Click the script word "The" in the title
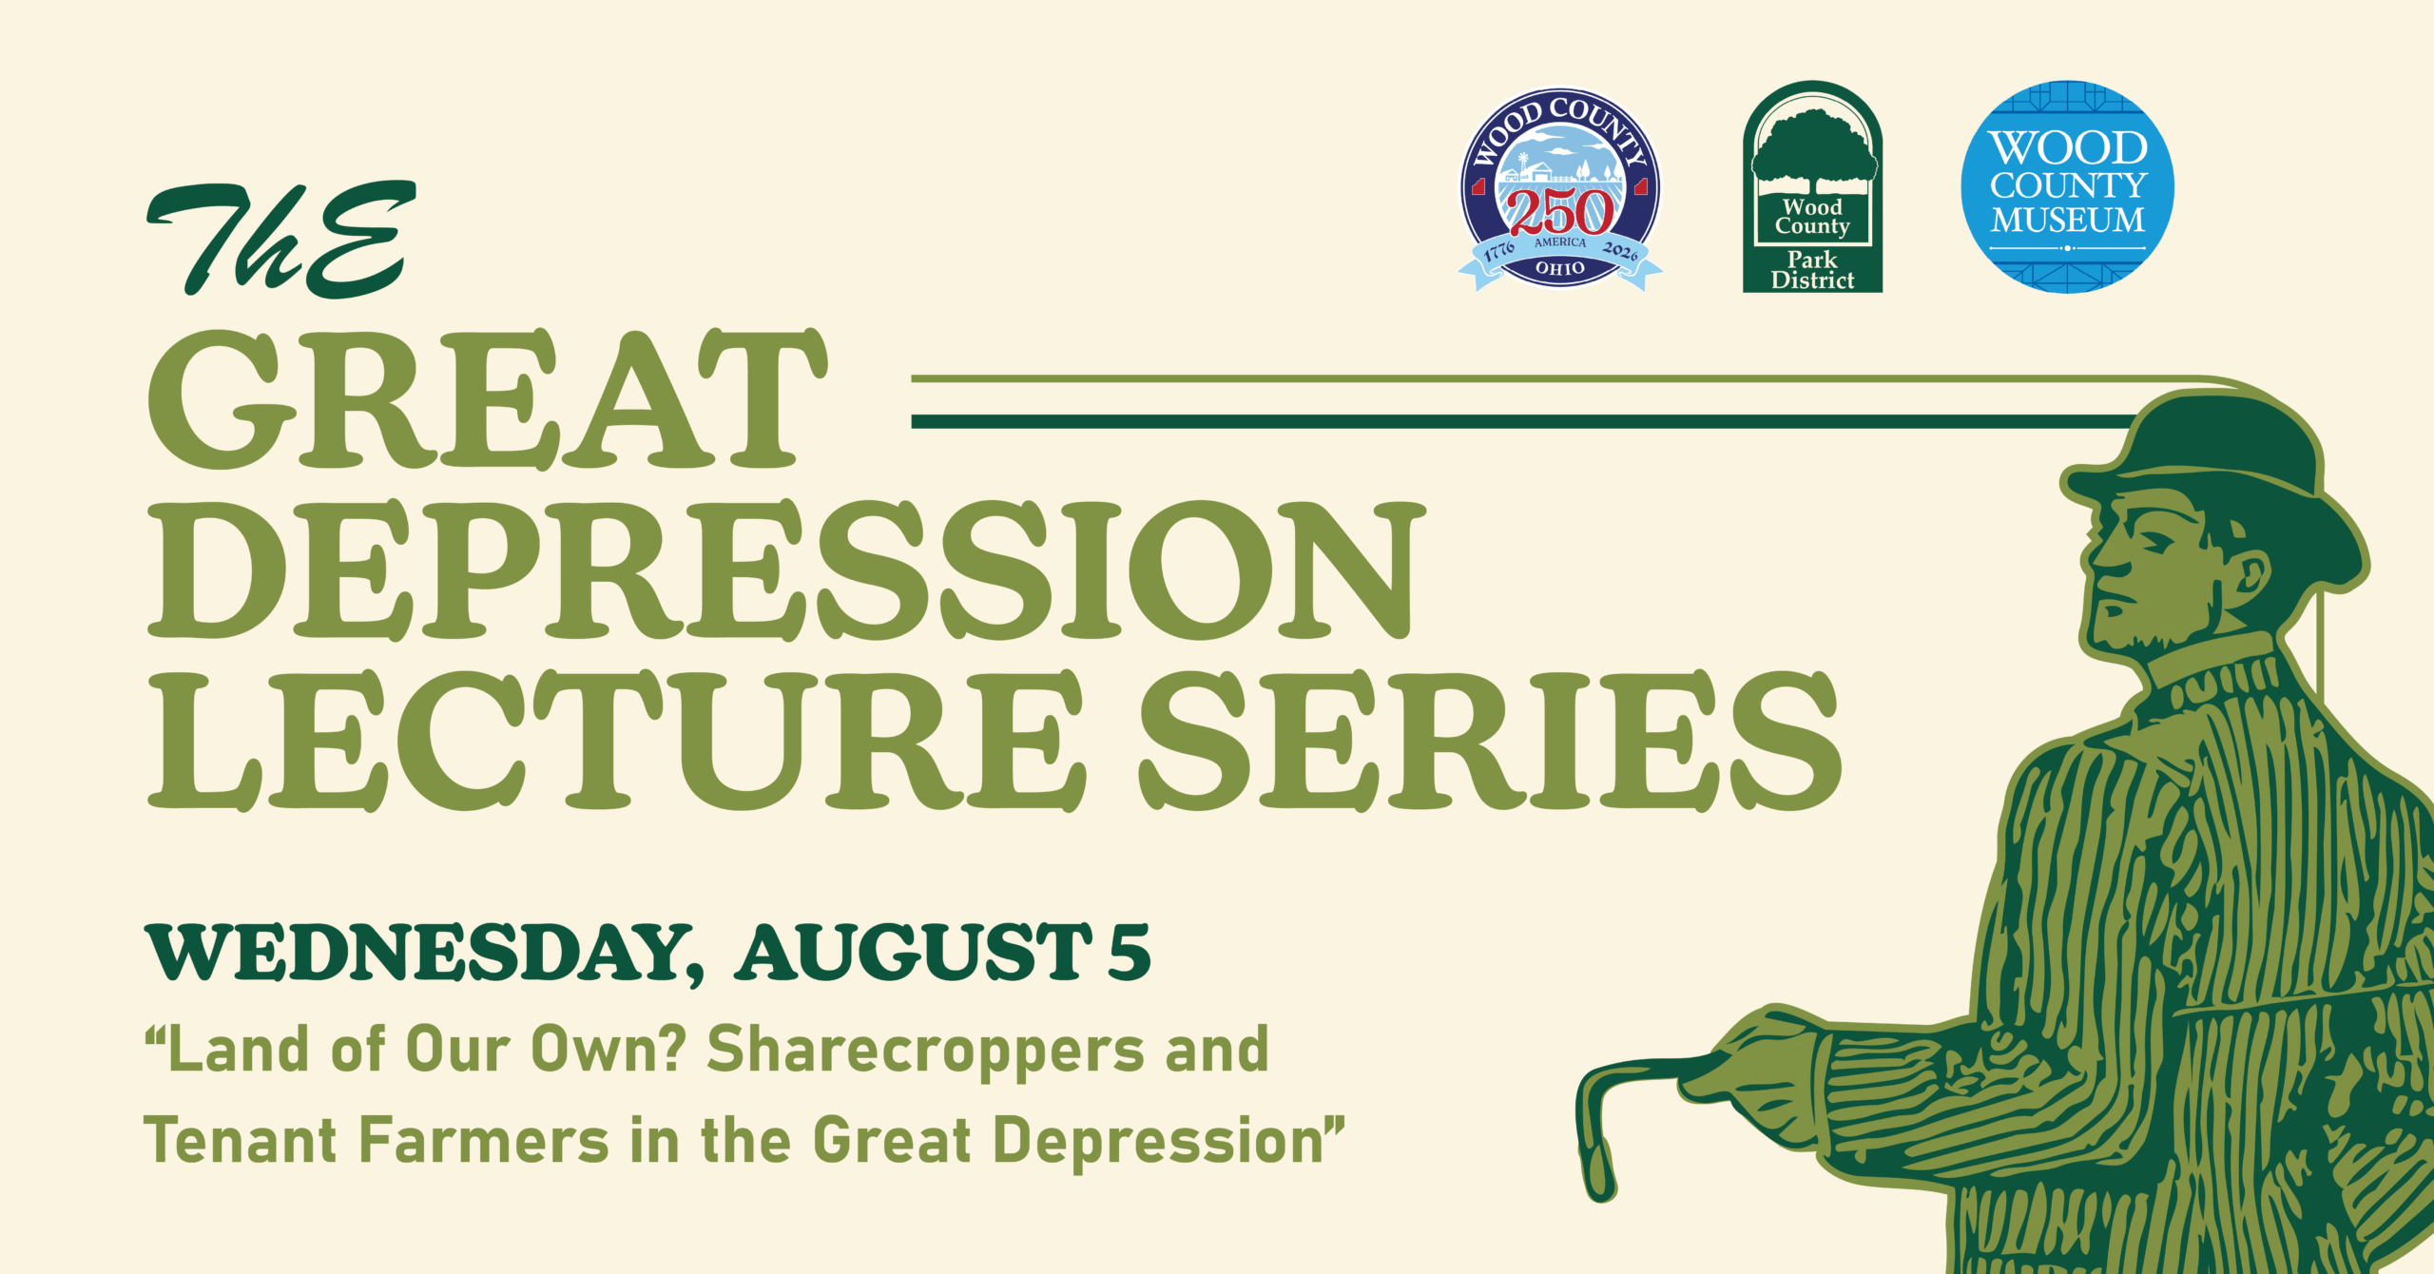281,240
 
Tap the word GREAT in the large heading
488,399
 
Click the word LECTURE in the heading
616,741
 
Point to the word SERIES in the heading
1491,741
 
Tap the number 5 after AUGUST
1130,952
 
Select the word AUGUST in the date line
914,952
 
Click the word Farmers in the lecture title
485,1140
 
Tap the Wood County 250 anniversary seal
1560,189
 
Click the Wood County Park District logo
1812,186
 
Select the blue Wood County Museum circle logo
2068,186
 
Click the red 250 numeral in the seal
1560,211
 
